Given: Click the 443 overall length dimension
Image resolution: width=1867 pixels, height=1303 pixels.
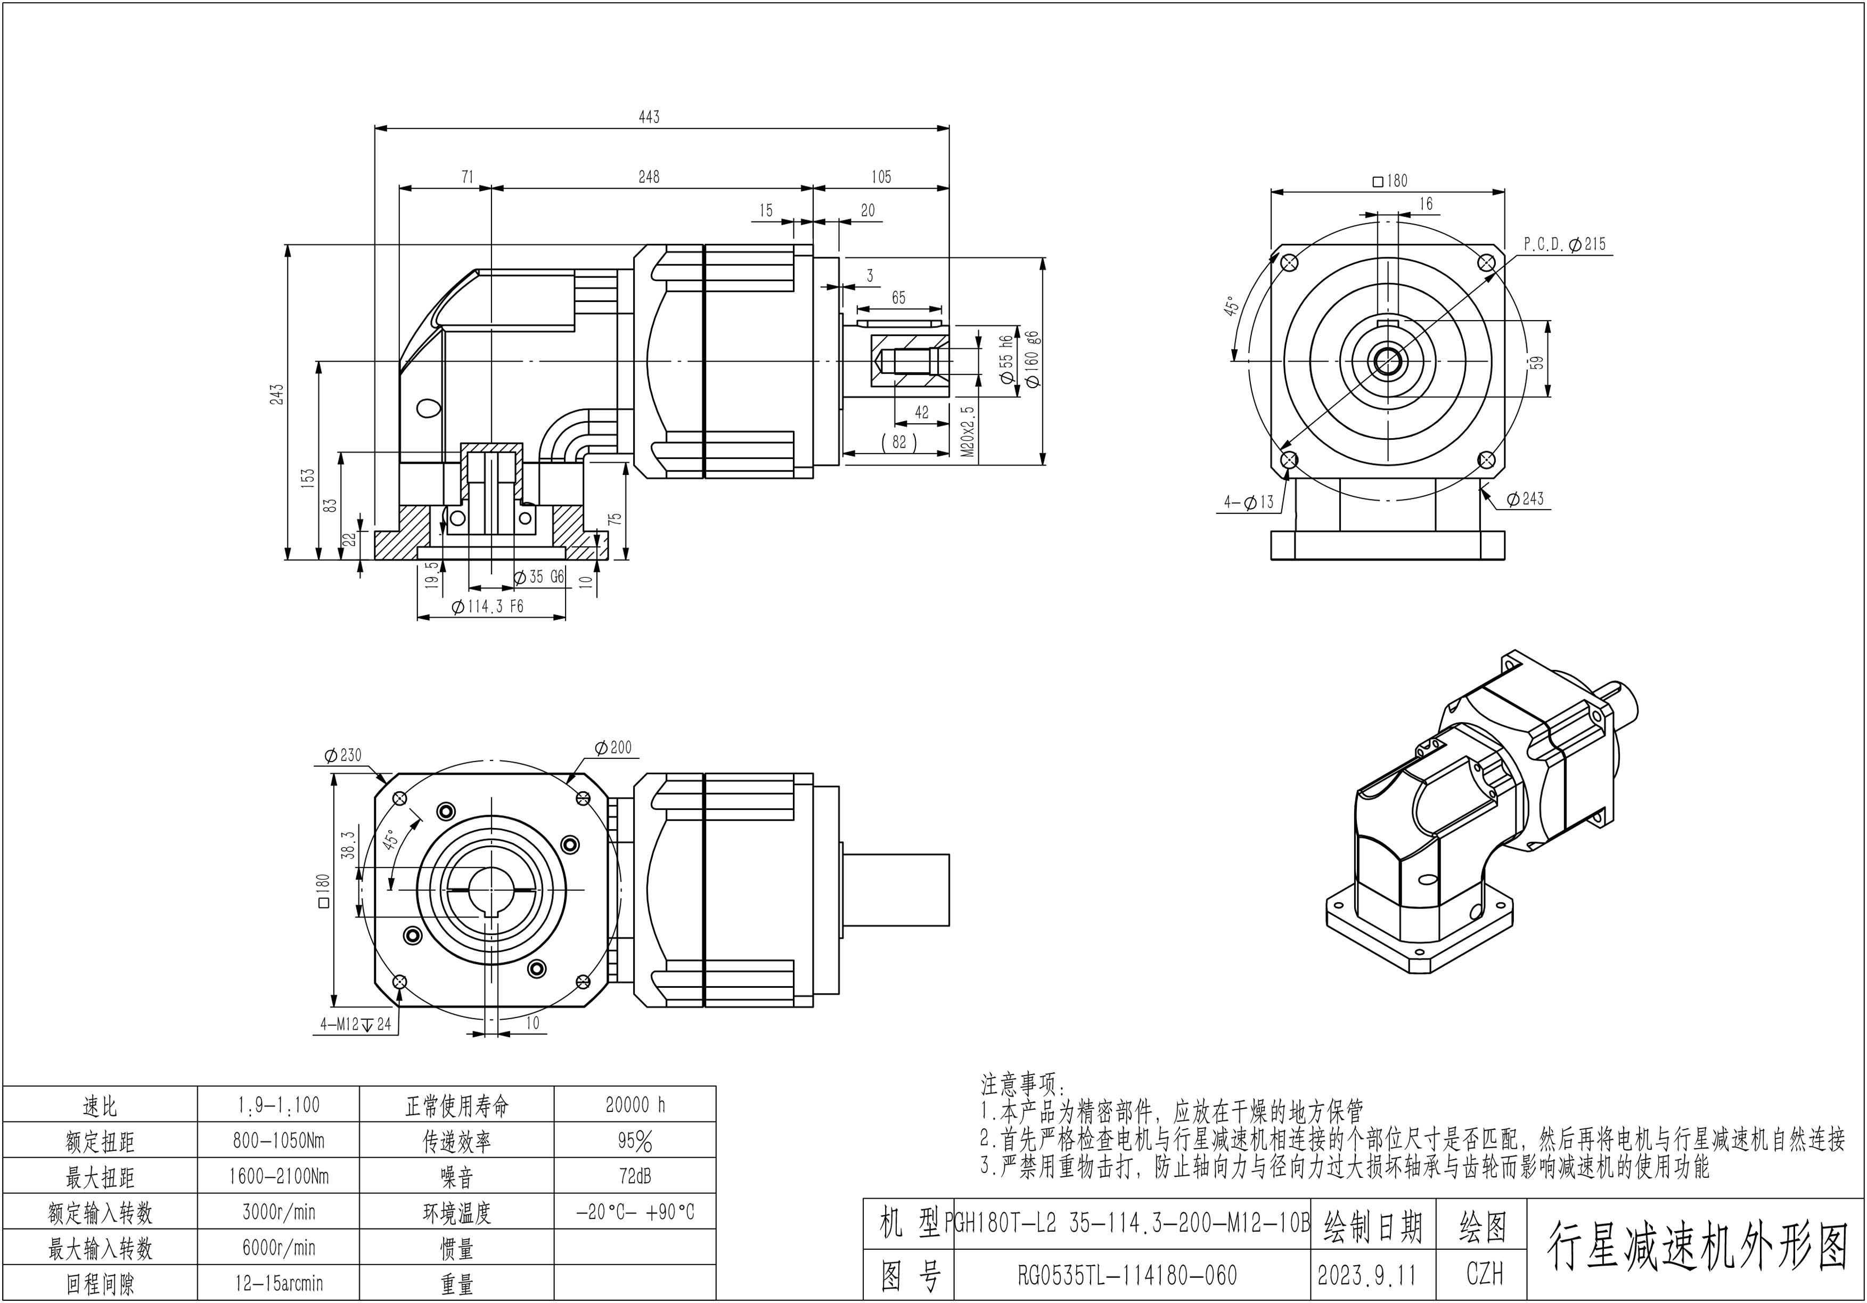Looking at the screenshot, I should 649,117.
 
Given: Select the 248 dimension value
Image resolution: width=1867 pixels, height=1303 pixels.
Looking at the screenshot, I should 649,176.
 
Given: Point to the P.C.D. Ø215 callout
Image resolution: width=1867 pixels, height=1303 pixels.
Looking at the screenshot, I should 1565,244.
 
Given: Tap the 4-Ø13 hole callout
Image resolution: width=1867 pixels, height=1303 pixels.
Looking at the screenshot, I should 1249,503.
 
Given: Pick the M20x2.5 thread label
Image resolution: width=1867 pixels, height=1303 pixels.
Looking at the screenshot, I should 968,432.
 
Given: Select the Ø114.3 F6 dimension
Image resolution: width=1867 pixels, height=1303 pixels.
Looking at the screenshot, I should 488,607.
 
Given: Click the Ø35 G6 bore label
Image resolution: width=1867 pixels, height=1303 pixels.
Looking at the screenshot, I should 539,577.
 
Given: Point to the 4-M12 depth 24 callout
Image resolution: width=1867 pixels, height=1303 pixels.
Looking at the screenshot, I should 355,1024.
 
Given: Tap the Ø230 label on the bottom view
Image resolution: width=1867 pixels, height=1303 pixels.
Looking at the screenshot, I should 342,755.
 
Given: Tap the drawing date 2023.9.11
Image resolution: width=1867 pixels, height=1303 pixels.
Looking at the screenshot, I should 1367,1275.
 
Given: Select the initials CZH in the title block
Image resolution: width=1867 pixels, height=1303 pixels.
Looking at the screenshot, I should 1484,1275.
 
